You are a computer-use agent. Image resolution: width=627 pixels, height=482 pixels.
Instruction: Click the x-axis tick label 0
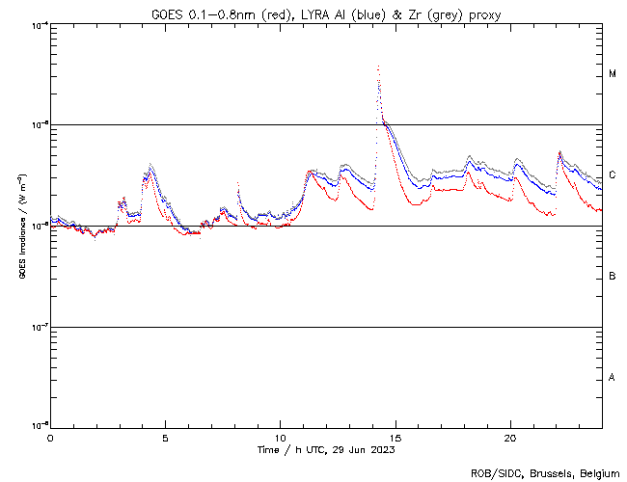[50, 438]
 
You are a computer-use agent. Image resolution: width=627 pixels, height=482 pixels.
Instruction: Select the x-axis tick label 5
[165, 438]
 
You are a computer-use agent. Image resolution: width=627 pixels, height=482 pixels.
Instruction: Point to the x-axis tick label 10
[280, 438]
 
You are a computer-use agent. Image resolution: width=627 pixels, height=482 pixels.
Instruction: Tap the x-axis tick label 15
[395, 438]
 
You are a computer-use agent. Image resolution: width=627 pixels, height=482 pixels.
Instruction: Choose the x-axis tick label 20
[510, 438]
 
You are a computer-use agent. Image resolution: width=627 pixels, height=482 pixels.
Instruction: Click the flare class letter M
[613, 74]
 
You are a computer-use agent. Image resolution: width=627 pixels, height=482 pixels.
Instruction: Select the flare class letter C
[613, 175]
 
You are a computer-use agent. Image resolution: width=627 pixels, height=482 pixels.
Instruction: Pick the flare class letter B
[613, 277]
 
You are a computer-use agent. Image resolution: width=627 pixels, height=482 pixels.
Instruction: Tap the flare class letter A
[613, 377]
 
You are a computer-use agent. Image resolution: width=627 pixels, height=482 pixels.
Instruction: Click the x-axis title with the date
[326, 449]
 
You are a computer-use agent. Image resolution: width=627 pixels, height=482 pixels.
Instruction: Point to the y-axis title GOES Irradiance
[20, 228]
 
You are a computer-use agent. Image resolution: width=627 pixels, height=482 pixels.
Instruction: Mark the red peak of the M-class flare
[378, 67]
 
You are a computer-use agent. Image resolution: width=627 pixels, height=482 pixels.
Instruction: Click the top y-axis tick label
[38, 25]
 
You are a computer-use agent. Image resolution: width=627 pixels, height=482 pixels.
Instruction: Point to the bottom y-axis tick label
[38, 425]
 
